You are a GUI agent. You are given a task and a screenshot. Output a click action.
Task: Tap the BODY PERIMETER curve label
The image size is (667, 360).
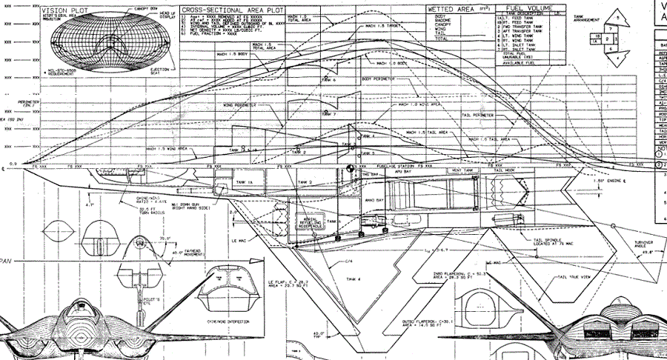click(379, 79)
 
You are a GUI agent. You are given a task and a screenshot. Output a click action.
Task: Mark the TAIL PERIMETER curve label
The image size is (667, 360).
click(478, 116)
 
